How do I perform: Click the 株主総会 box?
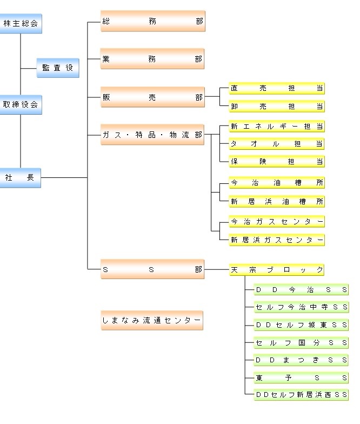click(x=21, y=23)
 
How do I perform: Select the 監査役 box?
click(x=58, y=68)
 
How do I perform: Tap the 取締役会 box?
click(x=21, y=104)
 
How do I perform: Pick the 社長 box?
click(x=21, y=177)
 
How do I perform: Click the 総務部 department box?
click(x=152, y=22)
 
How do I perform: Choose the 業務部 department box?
click(x=152, y=59)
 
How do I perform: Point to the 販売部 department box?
click(x=152, y=97)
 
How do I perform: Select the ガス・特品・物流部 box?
click(x=152, y=135)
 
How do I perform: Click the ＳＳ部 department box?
click(x=152, y=269)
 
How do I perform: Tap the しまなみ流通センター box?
click(x=152, y=320)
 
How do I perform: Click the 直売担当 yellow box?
click(x=277, y=88)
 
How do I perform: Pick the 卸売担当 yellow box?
click(x=277, y=106)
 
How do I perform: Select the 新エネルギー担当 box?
click(x=277, y=127)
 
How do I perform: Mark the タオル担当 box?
click(x=277, y=144)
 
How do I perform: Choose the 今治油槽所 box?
click(x=277, y=183)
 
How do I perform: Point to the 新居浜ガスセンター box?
click(x=277, y=240)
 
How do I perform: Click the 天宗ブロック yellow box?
click(x=277, y=269)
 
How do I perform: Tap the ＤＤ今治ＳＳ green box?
click(x=301, y=289)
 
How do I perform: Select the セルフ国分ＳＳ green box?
click(x=301, y=342)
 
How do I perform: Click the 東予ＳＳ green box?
click(x=301, y=377)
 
